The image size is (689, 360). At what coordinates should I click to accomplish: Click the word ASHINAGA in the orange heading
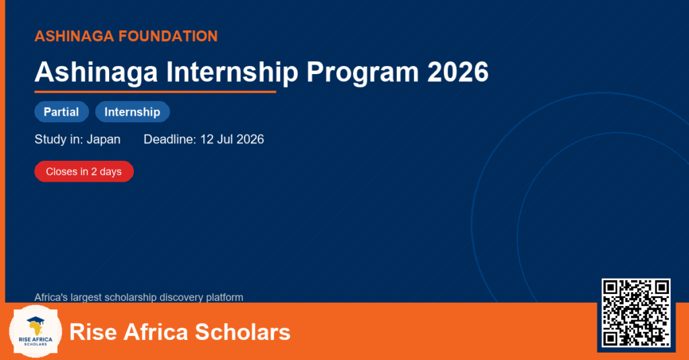tap(74, 36)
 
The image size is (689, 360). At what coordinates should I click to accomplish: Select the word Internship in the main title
tap(232, 72)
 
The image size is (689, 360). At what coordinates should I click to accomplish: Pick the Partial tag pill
tap(61, 112)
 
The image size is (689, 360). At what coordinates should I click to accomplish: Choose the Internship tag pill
tap(133, 112)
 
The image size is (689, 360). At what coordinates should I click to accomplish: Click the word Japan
tap(103, 140)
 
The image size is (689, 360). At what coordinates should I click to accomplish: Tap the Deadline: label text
tap(170, 139)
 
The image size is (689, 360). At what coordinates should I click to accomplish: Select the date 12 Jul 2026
tap(232, 139)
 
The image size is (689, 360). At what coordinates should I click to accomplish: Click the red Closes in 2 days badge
tap(84, 172)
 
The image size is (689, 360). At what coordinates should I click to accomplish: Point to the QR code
tap(636, 313)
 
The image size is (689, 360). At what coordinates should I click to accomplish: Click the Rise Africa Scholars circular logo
tap(36, 332)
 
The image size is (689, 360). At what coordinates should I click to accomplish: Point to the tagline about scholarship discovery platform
tap(139, 297)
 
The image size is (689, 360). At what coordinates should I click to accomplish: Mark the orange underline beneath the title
tap(155, 92)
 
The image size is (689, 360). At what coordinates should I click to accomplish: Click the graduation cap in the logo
tap(36, 320)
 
